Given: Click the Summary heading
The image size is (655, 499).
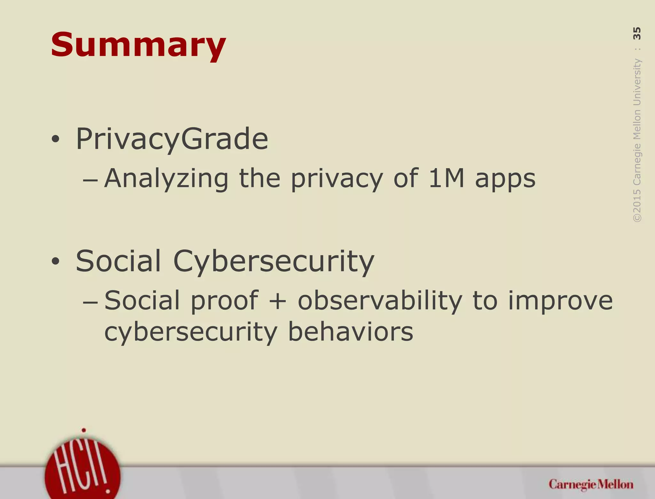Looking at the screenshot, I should click(x=138, y=45).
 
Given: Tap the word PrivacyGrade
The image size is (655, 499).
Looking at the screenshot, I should click(x=172, y=139).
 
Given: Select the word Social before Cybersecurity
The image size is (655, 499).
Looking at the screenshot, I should click(x=118, y=261).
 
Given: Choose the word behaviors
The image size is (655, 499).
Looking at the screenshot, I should click(x=351, y=332).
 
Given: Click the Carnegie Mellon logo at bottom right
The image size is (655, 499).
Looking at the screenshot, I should click(x=591, y=484).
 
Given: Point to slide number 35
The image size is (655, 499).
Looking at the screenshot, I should click(x=637, y=33).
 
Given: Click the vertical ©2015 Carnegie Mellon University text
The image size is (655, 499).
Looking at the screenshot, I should click(x=637, y=141).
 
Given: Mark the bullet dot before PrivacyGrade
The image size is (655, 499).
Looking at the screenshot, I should click(x=55, y=139).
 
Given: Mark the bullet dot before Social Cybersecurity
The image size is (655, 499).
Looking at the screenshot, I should click(x=55, y=262).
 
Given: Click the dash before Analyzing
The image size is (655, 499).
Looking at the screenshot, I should click(x=90, y=180).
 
